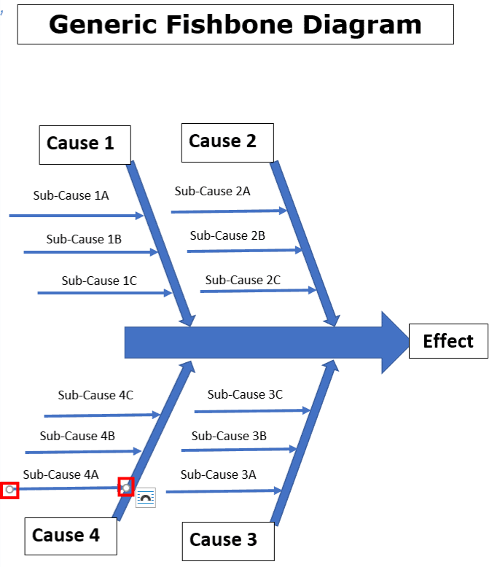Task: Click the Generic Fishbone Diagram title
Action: [235, 24]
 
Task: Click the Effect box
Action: [448, 341]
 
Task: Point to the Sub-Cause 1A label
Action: [71, 195]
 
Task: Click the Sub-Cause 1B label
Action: [84, 239]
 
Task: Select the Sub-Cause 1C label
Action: [98, 281]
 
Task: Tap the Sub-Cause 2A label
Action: [212, 192]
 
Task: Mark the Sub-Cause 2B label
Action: [227, 236]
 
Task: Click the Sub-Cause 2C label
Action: [243, 280]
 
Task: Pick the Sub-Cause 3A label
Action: [218, 474]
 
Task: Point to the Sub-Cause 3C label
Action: [245, 394]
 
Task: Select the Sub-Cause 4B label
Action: [77, 436]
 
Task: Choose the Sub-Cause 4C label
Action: [95, 395]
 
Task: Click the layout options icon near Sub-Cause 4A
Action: [146, 497]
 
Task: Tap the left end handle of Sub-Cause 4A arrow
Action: [9, 490]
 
